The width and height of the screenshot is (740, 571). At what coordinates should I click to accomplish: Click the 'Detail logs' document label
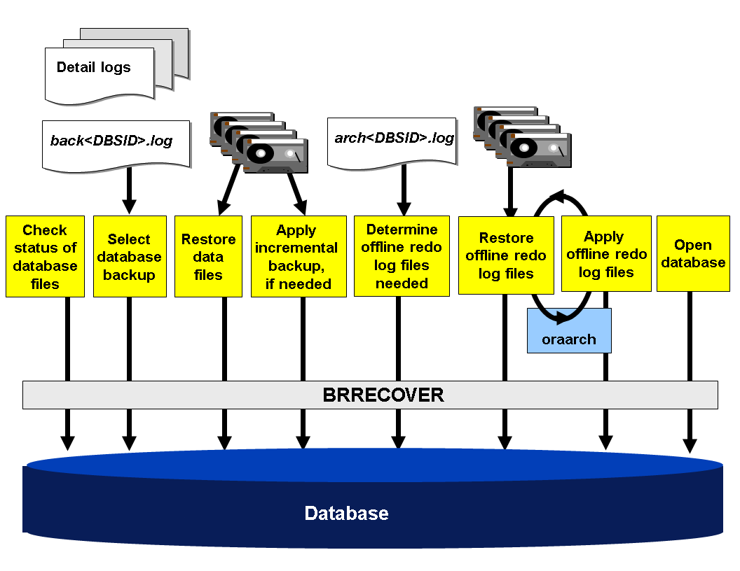click(93, 68)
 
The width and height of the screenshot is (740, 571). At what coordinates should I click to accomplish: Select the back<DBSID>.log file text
click(111, 141)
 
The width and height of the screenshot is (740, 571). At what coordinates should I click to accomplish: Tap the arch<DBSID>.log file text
click(394, 138)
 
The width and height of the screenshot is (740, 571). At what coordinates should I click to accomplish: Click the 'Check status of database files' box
click(45, 256)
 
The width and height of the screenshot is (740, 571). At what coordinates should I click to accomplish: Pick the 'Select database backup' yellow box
click(129, 256)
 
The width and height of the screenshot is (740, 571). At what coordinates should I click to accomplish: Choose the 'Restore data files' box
click(208, 256)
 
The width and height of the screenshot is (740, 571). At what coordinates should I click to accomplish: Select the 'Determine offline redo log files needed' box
click(402, 256)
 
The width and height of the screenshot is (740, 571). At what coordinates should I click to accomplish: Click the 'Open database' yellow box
click(692, 253)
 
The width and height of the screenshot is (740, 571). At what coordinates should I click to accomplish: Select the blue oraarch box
click(569, 339)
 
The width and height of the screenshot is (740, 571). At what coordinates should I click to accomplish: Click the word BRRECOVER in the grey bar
click(383, 395)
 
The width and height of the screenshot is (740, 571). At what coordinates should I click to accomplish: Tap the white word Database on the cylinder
click(346, 514)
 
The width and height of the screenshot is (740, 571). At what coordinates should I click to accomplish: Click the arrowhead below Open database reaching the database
click(690, 444)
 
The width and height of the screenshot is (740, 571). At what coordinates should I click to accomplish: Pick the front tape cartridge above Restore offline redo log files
click(539, 149)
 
